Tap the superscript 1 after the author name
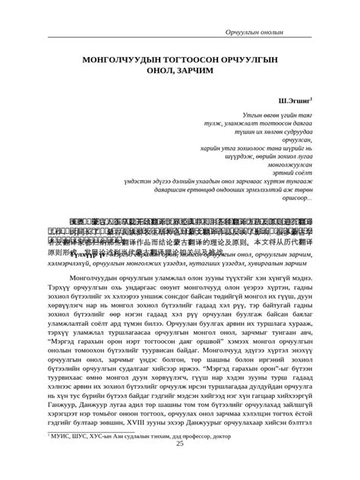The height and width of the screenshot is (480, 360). tap(311, 96)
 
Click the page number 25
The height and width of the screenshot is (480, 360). tap(180, 465)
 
